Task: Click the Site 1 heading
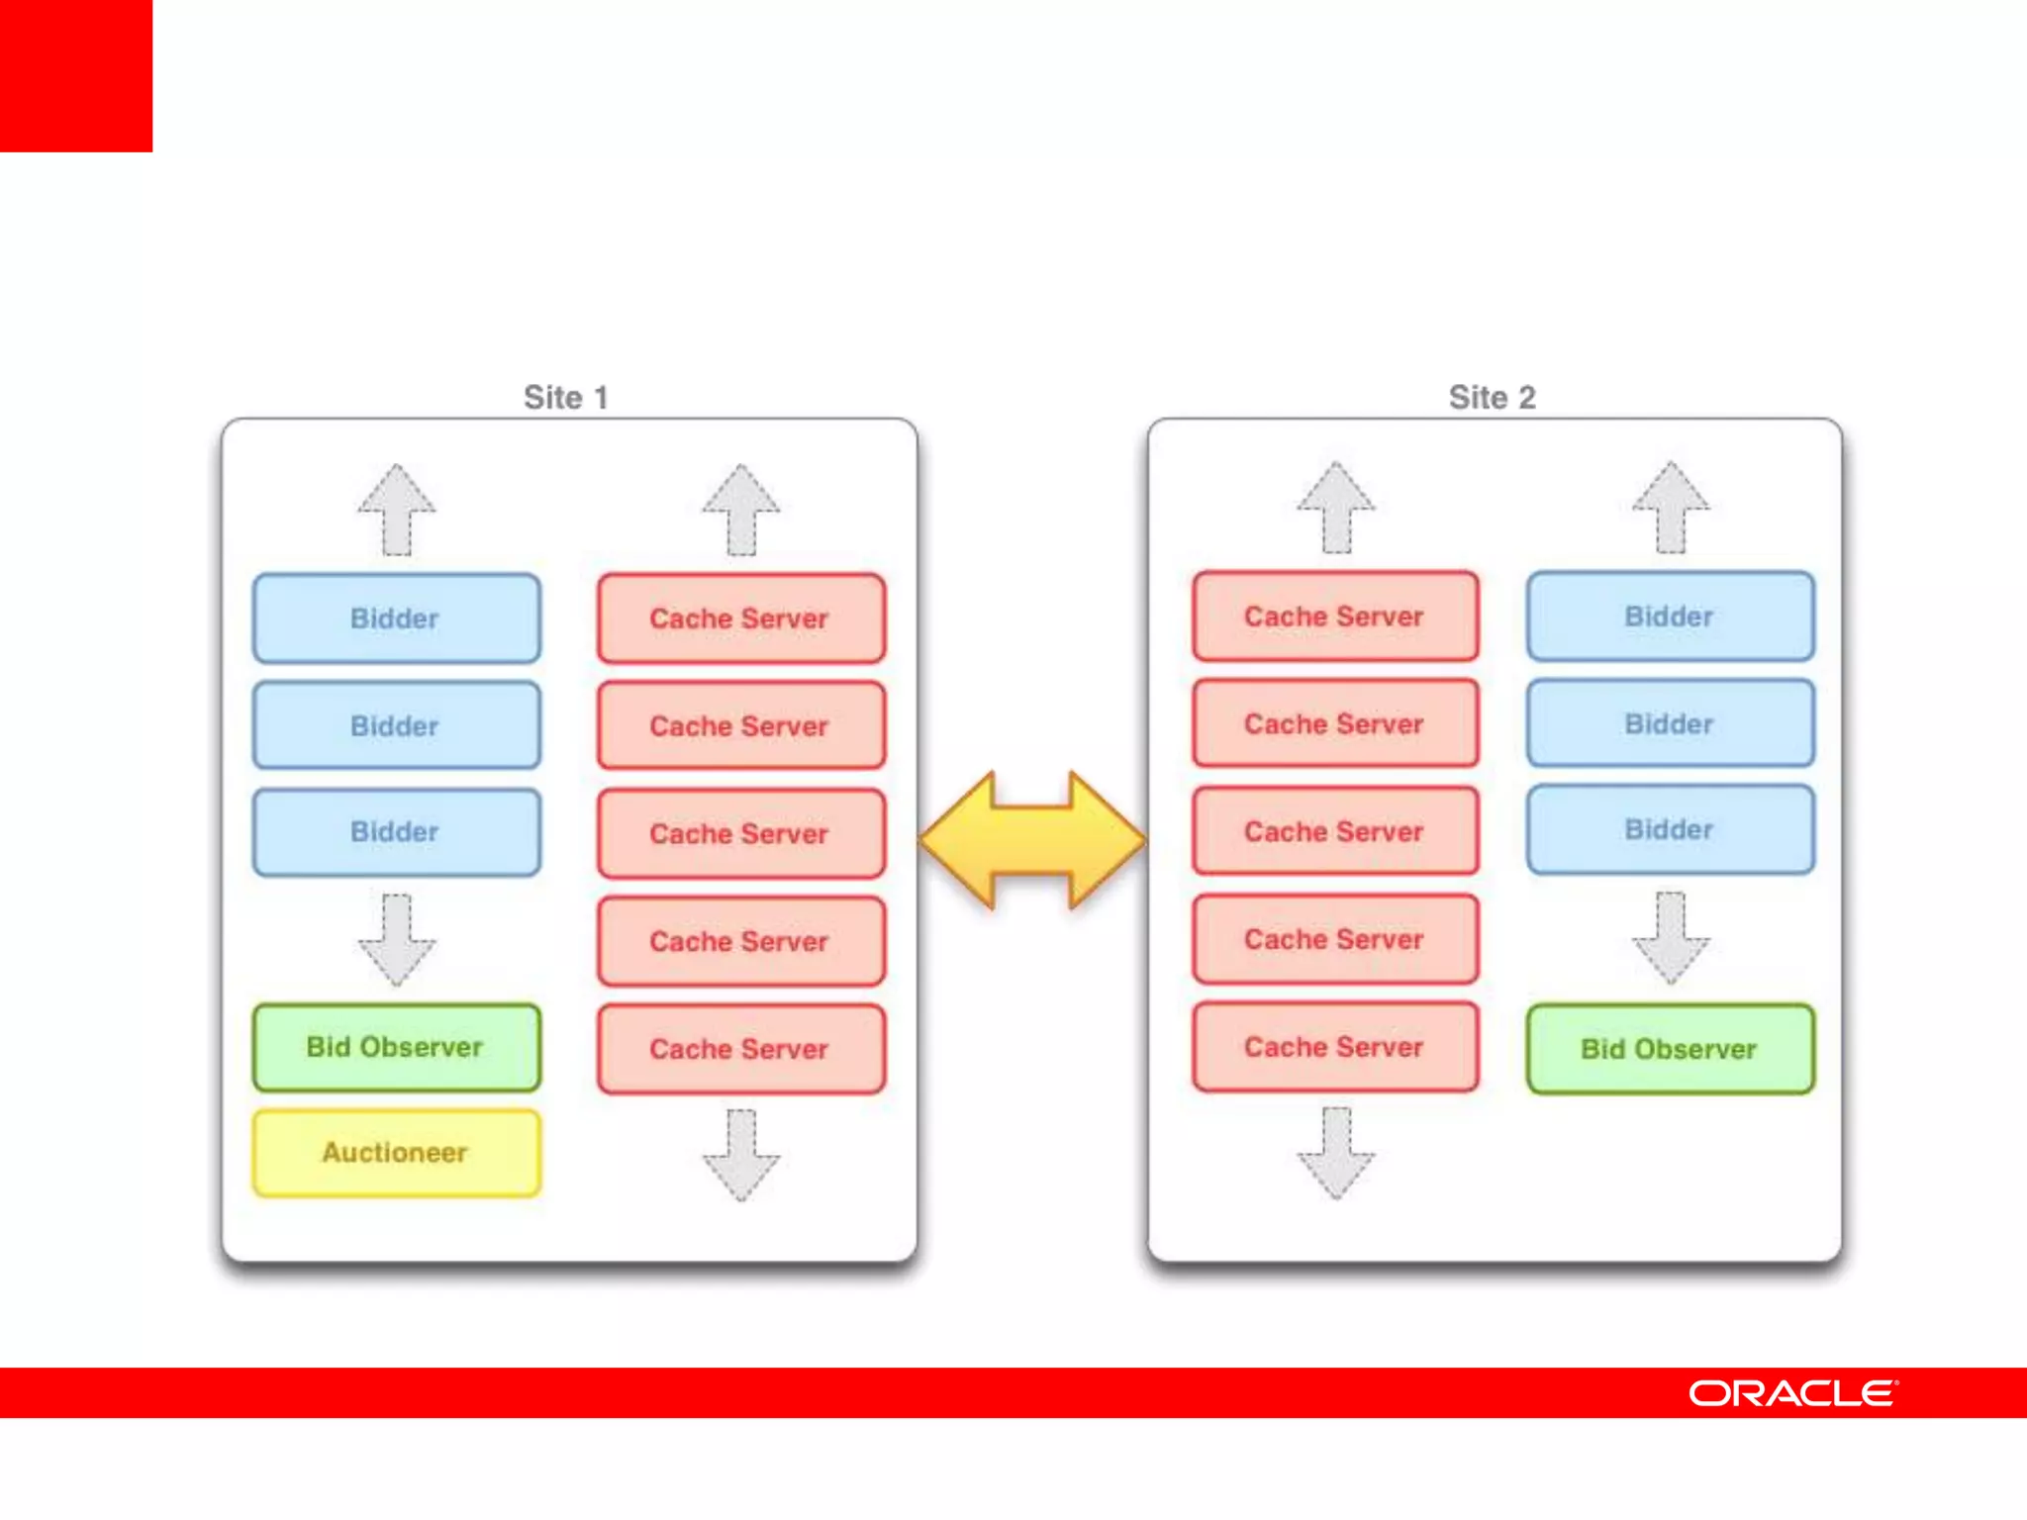coord(565,397)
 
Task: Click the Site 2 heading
coord(1492,397)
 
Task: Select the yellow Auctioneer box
coord(396,1153)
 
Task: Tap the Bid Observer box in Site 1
coord(396,1047)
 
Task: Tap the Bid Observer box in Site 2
coord(1670,1049)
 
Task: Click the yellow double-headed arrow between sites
coord(1032,840)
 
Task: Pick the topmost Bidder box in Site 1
coord(396,618)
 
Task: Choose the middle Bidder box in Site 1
coord(396,725)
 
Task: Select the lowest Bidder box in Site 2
coord(1670,829)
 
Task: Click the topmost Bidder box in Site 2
coord(1670,616)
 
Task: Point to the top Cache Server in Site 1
coord(740,618)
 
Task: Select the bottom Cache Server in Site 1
coord(740,1049)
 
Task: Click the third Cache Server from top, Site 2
coord(1334,831)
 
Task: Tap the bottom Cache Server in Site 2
coord(1334,1047)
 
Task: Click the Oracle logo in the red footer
coord(1792,1393)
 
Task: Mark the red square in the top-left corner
coord(76,76)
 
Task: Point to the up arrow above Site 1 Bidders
coord(396,509)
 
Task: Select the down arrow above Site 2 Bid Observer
coord(1670,938)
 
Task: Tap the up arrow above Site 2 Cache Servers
coord(1335,507)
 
